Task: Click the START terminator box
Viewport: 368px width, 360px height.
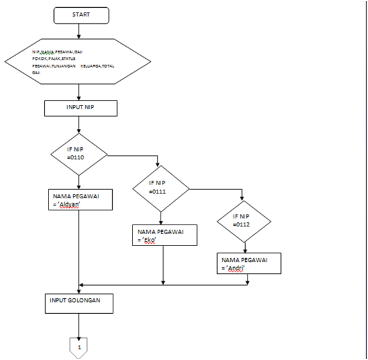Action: click(81, 15)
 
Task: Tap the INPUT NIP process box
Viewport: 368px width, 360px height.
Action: click(80, 108)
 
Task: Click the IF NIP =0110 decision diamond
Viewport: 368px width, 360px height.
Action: click(79, 155)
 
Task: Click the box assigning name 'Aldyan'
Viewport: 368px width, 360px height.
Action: click(80, 200)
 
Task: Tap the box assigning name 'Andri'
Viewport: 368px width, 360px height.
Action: click(249, 264)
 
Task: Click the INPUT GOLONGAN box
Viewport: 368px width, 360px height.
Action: click(80, 304)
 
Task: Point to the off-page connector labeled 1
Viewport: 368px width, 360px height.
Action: click(79, 346)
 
